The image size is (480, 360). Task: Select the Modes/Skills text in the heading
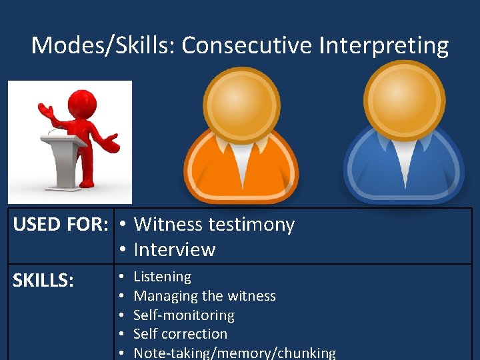coord(103,45)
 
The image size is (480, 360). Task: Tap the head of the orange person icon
coord(241,99)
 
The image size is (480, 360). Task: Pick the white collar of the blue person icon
coord(403,155)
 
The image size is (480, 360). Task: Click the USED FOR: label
coord(61,225)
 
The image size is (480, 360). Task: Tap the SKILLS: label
coord(43,281)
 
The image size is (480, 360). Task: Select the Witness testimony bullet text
coord(214,225)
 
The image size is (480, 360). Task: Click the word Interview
coord(175,249)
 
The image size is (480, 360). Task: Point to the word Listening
coord(163,277)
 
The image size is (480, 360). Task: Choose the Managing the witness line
coord(205,295)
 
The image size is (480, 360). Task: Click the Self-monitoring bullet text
coord(184,315)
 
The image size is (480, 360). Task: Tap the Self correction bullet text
coord(181,333)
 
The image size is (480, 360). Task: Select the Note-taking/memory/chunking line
coord(235,353)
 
